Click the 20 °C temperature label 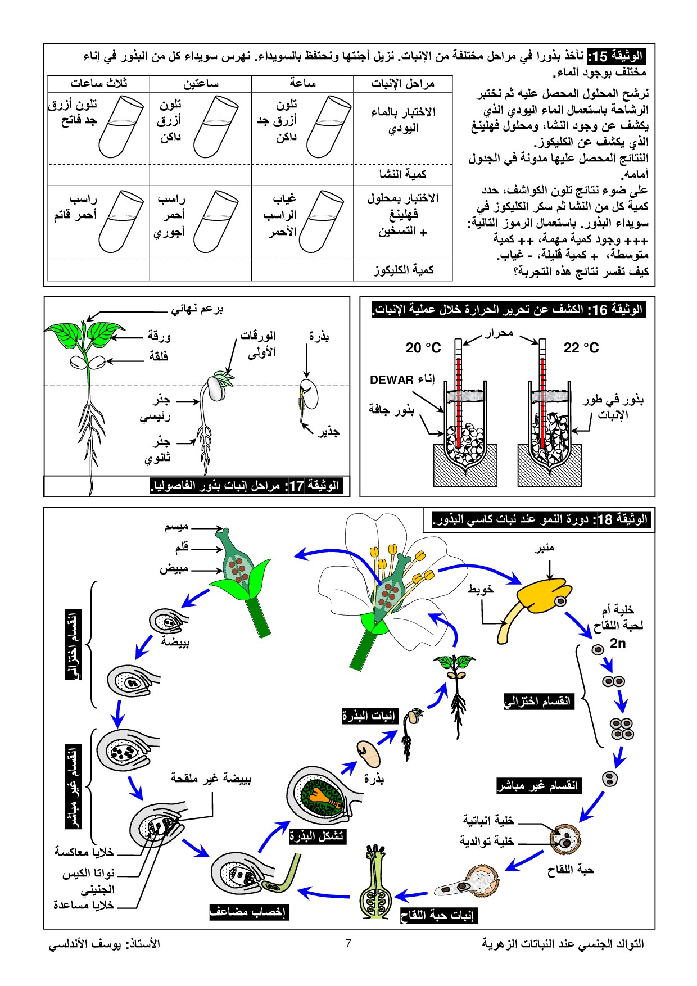tap(423, 348)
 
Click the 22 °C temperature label tap(581, 348)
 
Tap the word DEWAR tap(392, 380)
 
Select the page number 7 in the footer tap(348, 943)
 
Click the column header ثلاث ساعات tap(99, 83)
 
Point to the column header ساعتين tap(201, 84)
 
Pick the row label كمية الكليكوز tap(404, 270)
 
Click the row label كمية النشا tap(403, 174)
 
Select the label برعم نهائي tap(197, 309)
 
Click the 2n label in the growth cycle tap(618, 644)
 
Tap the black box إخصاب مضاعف tap(248, 911)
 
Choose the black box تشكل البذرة tap(316, 836)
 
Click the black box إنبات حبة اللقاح tap(438, 916)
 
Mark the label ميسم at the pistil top tap(176, 527)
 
